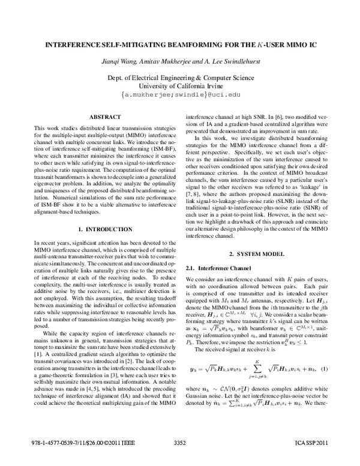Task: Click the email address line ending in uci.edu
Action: pyautogui.click(x=180, y=95)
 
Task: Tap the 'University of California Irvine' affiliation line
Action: pyautogui.click(x=180, y=86)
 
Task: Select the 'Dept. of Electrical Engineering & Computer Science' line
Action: pyautogui.click(x=180, y=77)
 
